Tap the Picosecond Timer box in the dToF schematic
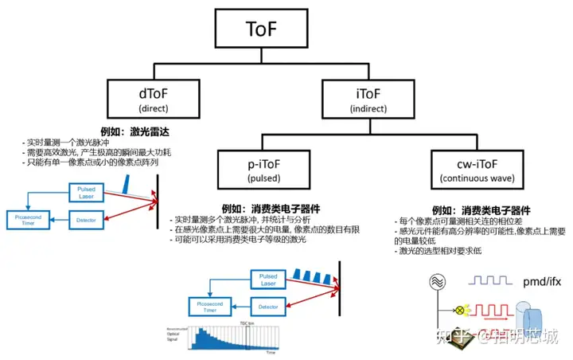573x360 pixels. click(30, 218)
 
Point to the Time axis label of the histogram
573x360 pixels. click(270, 351)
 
